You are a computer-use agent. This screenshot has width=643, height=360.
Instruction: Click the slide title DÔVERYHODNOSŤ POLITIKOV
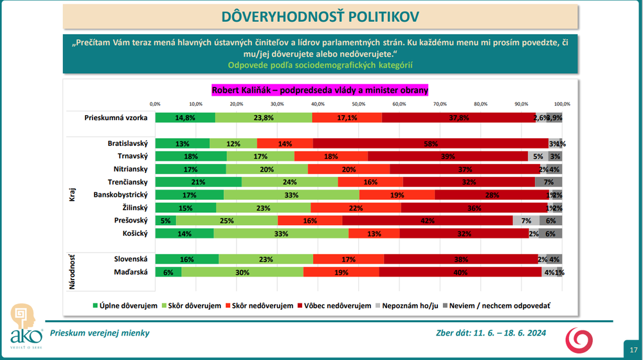[321, 17]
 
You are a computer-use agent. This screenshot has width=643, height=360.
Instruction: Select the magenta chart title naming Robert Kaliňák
[320, 91]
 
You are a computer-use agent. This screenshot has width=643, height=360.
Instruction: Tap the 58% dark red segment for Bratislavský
[431, 143]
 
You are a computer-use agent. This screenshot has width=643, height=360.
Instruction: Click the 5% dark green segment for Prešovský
[165, 221]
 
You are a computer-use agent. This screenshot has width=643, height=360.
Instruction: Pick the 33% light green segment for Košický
[281, 233]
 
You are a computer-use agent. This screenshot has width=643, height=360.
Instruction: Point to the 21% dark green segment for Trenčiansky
[198, 182]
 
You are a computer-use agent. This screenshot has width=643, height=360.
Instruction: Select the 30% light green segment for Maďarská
[242, 272]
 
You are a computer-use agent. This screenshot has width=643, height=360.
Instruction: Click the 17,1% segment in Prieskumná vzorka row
[347, 118]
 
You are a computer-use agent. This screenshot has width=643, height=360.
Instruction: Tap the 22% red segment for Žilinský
[356, 208]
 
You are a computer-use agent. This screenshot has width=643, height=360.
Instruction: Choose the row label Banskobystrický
[121, 195]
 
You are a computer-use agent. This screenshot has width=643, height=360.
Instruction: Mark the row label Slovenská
[131, 259]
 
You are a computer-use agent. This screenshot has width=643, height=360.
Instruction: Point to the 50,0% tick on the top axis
[358, 104]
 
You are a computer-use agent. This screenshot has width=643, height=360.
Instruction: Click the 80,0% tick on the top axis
[480, 104]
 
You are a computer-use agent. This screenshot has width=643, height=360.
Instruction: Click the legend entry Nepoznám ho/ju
[408, 305]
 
